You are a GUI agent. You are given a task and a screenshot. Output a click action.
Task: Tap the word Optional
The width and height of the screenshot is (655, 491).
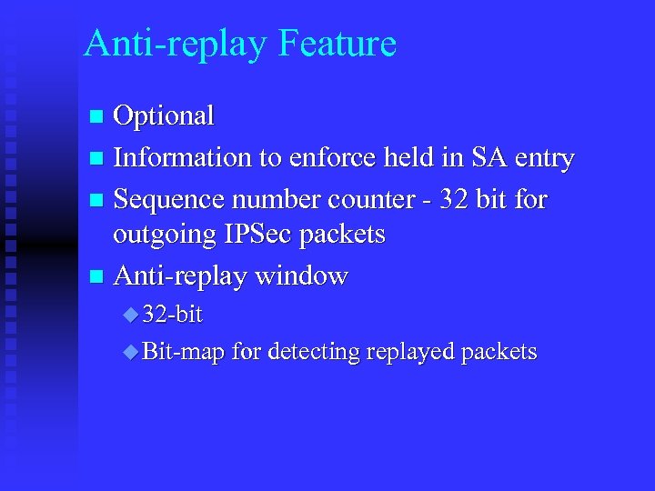point(164,116)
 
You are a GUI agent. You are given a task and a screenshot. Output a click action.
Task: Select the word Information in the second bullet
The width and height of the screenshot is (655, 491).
point(183,158)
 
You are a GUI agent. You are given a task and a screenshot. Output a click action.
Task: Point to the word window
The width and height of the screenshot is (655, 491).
point(302,275)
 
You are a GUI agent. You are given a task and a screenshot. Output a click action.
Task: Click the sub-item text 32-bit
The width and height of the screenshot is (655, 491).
point(172,315)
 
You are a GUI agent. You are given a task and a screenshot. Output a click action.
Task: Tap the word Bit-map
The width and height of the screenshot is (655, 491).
point(183,352)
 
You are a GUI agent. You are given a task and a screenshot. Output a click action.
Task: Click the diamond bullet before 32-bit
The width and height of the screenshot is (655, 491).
point(131,316)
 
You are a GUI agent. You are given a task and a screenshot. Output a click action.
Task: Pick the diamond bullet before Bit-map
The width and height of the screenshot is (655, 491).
point(131,352)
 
